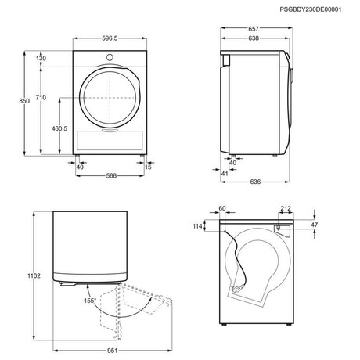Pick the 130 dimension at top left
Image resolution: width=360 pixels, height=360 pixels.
click(41, 58)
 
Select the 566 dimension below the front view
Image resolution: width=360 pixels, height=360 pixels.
click(111, 176)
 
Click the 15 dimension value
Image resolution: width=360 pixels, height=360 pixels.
click(149, 166)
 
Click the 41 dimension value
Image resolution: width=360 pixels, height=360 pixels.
click(224, 173)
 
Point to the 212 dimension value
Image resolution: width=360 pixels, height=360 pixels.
click(286, 209)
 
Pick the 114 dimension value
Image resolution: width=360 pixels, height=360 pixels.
click(197, 226)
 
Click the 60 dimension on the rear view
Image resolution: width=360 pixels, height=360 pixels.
click(222, 209)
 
